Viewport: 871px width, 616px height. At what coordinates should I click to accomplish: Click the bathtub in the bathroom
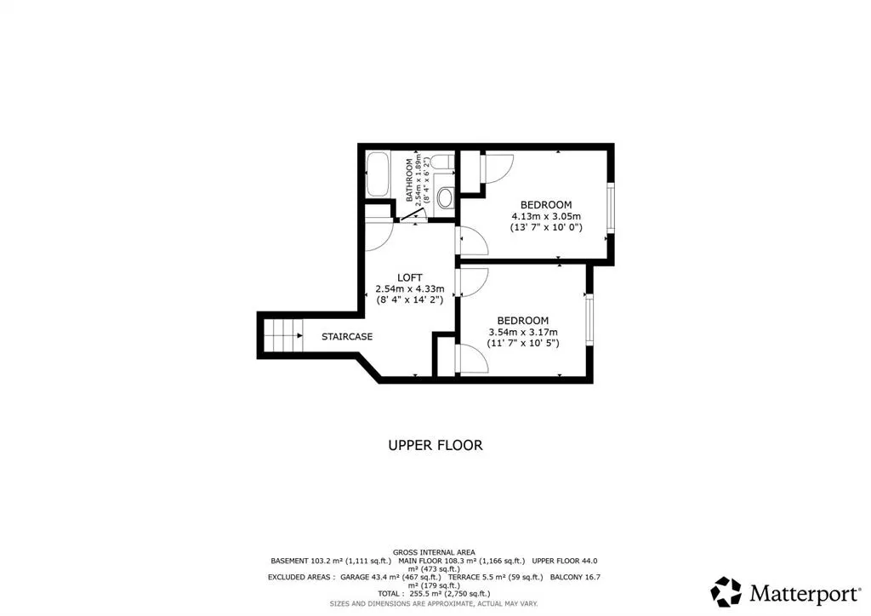(378, 174)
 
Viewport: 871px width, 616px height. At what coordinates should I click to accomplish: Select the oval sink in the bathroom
(445, 198)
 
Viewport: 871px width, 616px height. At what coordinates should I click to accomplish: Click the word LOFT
(410, 277)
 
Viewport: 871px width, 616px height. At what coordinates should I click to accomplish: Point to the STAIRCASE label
(347, 337)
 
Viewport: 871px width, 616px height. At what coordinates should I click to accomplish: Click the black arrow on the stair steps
(299, 335)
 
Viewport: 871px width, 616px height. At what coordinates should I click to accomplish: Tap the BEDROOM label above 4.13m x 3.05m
(546, 204)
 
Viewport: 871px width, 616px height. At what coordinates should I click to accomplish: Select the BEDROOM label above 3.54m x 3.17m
(523, 321)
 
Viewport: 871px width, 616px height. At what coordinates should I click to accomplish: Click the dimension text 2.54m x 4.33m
(410, 288)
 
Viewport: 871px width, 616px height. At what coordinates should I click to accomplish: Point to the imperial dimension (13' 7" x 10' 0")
(546, 227)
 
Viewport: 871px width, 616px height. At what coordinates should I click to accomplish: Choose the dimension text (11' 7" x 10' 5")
(523, 343)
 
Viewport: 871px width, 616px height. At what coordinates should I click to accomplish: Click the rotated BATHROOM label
(409, 180)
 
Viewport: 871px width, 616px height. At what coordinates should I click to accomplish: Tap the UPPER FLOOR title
(435, 445)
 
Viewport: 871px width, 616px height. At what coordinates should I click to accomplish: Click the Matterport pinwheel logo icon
(726, 591)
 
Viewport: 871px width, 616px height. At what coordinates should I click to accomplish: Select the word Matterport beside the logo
(805, 594)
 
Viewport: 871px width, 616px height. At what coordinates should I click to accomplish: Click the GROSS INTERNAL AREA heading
(434, 552)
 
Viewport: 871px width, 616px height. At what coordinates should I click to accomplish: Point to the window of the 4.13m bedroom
(611, 208)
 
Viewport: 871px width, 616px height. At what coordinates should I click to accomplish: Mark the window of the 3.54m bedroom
(589, 319)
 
